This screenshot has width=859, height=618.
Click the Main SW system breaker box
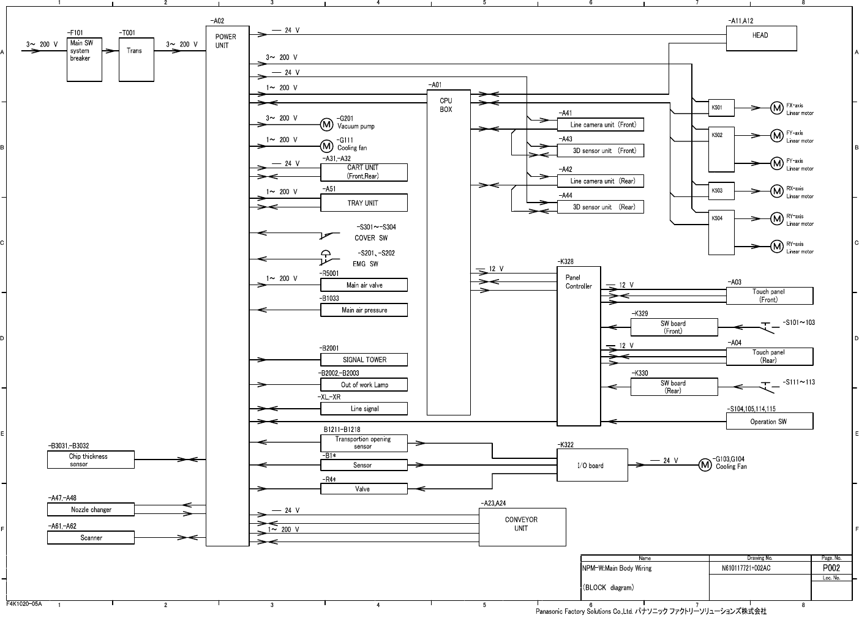click(x=84, y=59)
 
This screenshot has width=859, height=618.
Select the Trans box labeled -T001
click(x=137, y=59)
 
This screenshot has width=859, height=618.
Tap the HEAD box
click(x=761, y=39)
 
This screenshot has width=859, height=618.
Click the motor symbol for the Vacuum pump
click(x=327, y=125)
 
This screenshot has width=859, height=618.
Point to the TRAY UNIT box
click(x=364, y=203)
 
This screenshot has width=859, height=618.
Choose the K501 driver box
click(x=721, y=108)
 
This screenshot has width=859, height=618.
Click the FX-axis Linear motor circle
click(x=777, y=108)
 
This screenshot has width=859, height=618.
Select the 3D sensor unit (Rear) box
click(x=601, y=207)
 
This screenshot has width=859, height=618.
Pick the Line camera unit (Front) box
click(x=601, y=125)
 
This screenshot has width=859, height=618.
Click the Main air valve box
click(x=364, y=285)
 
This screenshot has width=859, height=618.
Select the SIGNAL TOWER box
click(x=364, y=360)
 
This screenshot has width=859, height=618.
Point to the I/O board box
click(x=593, y=465)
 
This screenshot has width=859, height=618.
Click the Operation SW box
click(x=770, y=421)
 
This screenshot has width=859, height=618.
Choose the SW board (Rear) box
click(x=674, y=387)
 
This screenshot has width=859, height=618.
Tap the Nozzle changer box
click(x=91, y=510)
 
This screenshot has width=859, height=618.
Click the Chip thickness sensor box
click(x=91, y=460)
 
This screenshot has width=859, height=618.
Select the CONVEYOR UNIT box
click(x=522, y=527)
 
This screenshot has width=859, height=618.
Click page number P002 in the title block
click(x=831, y=568)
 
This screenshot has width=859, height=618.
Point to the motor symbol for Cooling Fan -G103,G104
click(x=705, y=465)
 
